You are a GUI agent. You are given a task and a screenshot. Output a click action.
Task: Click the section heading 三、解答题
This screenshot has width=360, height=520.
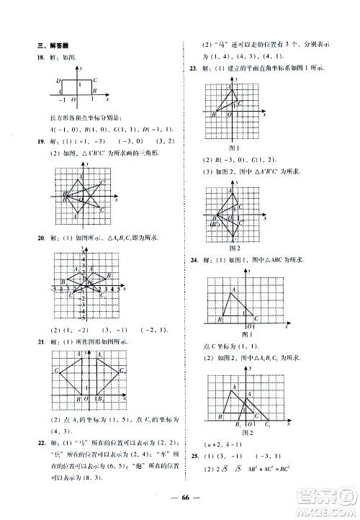click(53, 45)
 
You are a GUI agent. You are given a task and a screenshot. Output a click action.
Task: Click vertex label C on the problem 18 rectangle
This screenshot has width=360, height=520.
click(95, 80)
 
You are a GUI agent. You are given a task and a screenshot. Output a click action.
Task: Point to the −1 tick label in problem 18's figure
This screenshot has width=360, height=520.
click(62, 99)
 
